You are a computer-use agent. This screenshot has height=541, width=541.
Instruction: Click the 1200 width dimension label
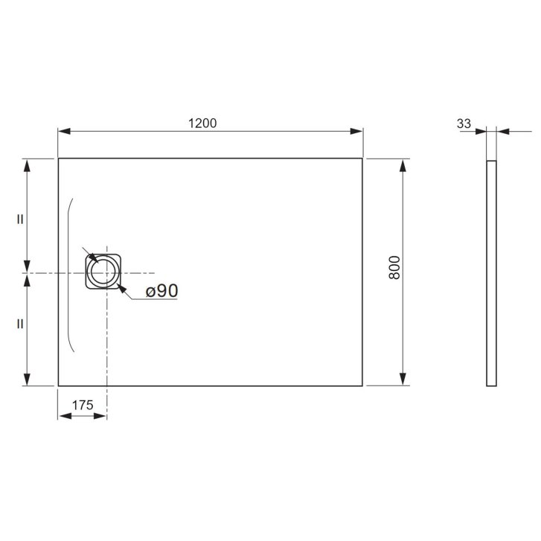click(x=202, y=124)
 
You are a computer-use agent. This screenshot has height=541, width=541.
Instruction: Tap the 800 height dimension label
click(x=394, y=267)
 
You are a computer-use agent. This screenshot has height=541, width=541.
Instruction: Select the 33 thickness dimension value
click(x=464, y=124)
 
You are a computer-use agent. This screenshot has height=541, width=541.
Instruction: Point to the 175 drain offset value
click(x=83, y=405)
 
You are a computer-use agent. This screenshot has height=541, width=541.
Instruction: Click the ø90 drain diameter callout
click(x=161, y=290)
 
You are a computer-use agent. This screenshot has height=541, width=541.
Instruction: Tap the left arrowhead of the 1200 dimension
click(x=64, y=131)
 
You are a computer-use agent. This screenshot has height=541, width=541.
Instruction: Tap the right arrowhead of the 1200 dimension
click(x=356, y=131)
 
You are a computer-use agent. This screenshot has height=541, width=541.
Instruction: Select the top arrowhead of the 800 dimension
click(x=403, y=165)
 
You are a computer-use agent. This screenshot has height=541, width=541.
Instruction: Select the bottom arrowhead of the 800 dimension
click(x=403, y=380)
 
